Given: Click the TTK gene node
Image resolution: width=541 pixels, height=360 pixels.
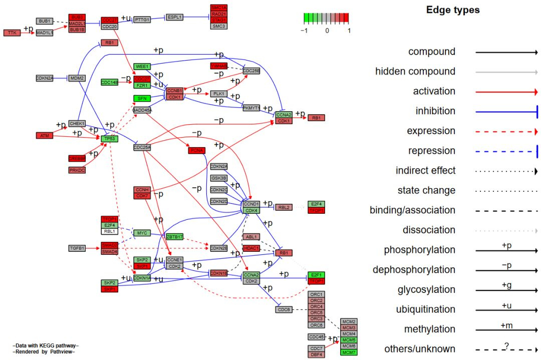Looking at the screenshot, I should (12, 33).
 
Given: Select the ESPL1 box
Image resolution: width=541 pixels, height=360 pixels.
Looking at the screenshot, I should (175, 17).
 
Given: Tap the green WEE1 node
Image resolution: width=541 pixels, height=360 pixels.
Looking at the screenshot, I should (142, 67).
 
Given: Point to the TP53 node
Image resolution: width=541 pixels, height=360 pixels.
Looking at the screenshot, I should (110, 139).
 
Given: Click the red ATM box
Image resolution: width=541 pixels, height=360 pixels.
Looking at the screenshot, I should (45, 136).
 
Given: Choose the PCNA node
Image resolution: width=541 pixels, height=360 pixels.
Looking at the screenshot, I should (197, 150).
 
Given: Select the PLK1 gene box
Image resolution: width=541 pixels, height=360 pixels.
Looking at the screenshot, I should (218, 94).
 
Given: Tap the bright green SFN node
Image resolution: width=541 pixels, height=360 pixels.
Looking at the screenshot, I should (142, 98).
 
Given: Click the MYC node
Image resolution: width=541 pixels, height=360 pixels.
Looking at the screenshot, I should (142, 233).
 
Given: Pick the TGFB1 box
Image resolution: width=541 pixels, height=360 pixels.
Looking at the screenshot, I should (77, 248).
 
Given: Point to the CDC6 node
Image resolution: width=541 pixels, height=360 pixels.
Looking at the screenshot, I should (284, 309).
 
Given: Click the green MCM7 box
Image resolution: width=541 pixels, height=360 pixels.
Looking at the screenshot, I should (349, 352).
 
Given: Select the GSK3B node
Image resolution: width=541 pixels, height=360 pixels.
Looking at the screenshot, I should (218, 178).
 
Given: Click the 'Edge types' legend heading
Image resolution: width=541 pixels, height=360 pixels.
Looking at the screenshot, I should (452, 10).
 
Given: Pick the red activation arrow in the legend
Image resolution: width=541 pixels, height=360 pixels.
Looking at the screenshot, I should (506, 92).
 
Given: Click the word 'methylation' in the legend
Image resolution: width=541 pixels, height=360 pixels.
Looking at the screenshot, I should (430, 329).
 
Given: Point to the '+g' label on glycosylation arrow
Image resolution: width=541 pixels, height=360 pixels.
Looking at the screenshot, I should (506, 285).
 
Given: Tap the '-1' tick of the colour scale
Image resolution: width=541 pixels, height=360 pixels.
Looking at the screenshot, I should (304, 31).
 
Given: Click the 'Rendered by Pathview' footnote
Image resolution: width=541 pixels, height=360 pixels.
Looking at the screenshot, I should (46, 351).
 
